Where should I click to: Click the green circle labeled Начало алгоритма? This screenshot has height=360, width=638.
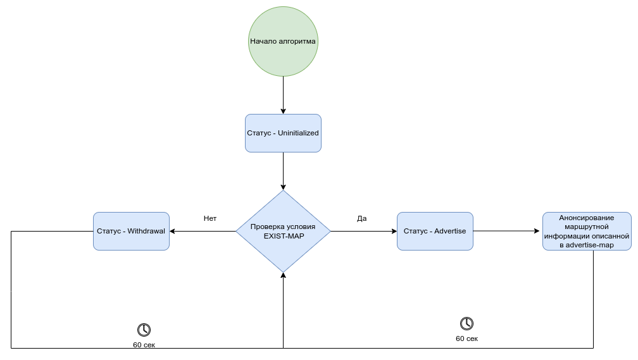(x=283, y=42)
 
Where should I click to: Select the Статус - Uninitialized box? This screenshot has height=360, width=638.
(x=283, y=133)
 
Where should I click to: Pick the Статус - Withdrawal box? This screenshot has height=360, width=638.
(x=131, y=231)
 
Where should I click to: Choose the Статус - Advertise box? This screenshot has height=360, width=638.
(x=435, y=231)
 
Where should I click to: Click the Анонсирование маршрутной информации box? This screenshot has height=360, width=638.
(x=587, y=231)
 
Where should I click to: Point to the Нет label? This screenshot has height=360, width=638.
(x=210, y=218)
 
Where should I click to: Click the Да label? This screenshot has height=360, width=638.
(x=362, y=218)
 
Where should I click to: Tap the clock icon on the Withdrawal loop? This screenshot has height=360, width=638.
(x=144, y=330)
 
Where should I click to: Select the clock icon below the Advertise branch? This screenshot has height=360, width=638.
(x=466, y=323)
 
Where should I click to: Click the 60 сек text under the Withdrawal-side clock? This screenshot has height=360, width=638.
(x=144, y=345)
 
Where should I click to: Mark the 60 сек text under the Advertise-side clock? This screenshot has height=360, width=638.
(x=466, y=338)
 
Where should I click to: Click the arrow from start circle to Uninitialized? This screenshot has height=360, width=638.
(x=283, y=95)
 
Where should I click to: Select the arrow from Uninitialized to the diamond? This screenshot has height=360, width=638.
(x=283, y=171)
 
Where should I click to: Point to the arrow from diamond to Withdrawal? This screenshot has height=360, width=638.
(x=203, y=231)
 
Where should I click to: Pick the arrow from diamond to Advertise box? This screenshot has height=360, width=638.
(x=364, y=231)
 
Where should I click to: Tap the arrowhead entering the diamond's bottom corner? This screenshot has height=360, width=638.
(x=283, y=276)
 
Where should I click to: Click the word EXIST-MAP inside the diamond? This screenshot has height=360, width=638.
(x=283, y=235)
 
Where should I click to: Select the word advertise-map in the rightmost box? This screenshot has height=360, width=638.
(x=590, y=244)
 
